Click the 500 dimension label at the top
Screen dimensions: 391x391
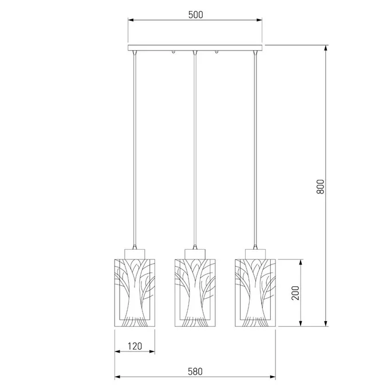[x=196, y=15]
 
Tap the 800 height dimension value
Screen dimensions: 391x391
[x=321, y=187]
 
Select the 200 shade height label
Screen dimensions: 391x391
[x=295, y=293]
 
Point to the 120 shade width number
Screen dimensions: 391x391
[x=135, y=346]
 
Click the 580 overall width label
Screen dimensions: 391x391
[x=195, y=372]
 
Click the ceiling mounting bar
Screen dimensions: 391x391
[x=195, y=48]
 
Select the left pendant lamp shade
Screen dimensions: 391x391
[x=135, y=293]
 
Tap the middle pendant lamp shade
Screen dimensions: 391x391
[x=195, y=293]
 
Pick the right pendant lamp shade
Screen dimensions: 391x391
[x=255, y=293]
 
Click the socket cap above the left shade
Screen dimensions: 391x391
[x=135, y=254]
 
